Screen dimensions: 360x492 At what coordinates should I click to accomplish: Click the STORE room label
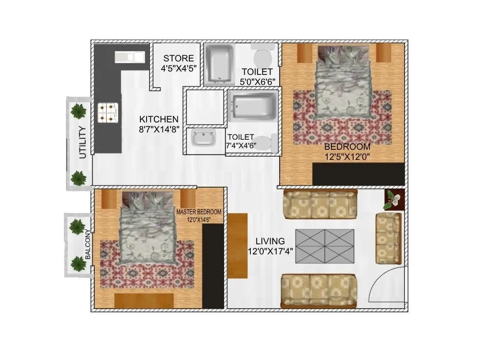click(x=178, y=59)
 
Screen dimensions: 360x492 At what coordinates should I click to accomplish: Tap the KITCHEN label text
click(x=159, y=119)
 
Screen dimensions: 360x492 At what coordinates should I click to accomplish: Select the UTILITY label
click(x=83, y=142)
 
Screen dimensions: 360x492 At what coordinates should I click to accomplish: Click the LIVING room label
click(x=270, y=241)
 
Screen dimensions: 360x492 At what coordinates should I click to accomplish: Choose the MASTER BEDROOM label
click(x=198, y=212)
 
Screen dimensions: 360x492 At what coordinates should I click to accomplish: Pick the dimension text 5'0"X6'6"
click(x=258, y=82)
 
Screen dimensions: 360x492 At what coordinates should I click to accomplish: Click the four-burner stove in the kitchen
click(x=108, y=112)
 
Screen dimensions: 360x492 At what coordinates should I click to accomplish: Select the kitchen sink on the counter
click(x=129, y=57)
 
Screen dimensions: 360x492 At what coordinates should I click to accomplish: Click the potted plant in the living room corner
click(x=394, y=199)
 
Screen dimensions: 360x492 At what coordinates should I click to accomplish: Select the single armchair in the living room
click(x=388, y=238)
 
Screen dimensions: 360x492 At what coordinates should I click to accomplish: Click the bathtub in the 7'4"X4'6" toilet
click(x=253, y=107)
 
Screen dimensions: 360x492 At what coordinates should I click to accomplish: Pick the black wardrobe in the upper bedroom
click(x=357, y=173)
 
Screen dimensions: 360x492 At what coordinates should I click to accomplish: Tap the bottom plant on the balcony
click(x=77, y=264)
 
